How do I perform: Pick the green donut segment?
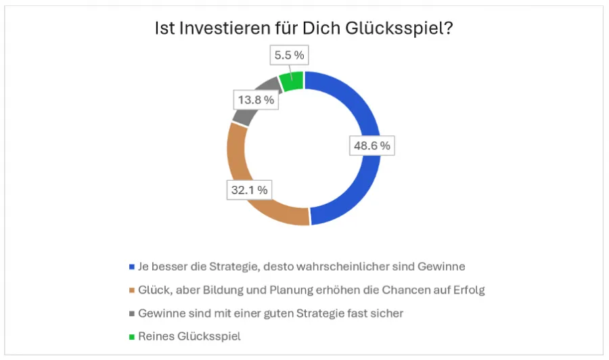click(292, 81)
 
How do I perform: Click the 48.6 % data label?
click(371, 145)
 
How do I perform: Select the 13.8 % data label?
click(255, 100)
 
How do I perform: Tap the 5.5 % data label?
click(289, 55)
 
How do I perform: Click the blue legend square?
click(131, 266)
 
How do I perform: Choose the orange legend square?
click(131, 290)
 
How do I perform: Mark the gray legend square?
click(131, 314)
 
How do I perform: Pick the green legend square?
click(131, 336)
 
